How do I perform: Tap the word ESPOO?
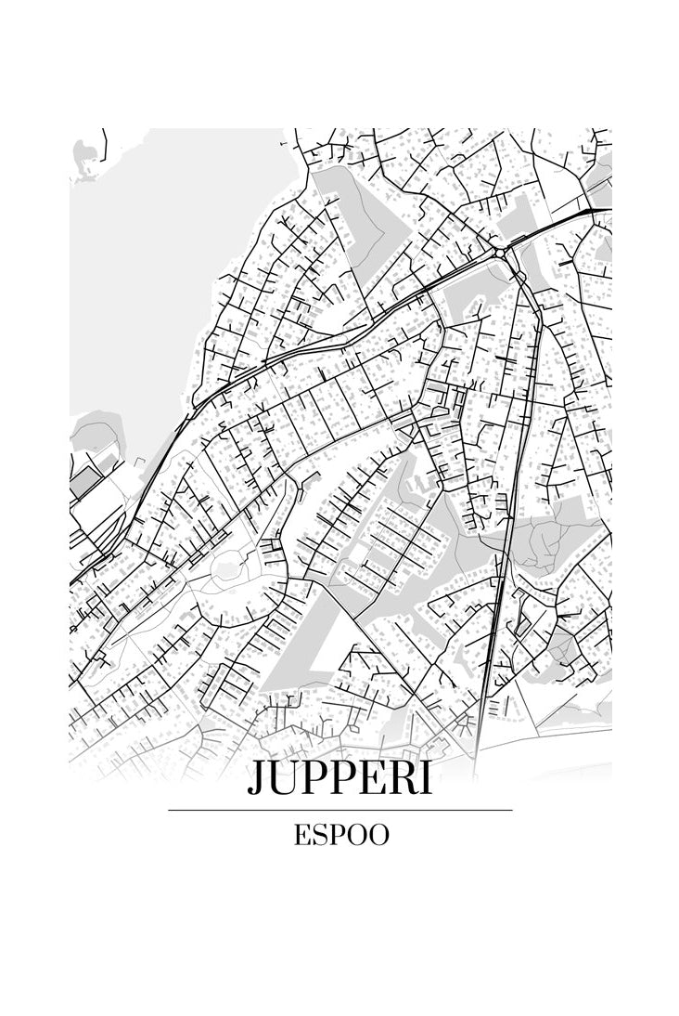pos(340,836)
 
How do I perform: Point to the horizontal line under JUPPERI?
pos(339,811)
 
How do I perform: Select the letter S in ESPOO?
pos(320,836)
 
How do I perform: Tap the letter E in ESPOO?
pos(302,836)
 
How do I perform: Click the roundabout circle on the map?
pos(499,252)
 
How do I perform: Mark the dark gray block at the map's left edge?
pos(85,481)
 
